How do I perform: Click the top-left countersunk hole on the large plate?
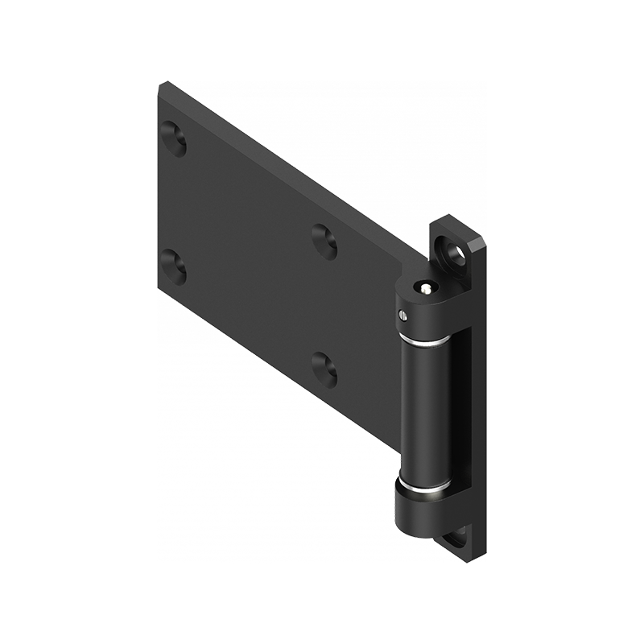(x=173, y=138)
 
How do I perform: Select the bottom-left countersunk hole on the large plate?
(x=173, y=266)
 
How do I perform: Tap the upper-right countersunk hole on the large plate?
(x=324, y=241)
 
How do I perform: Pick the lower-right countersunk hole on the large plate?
(x=324, y=369)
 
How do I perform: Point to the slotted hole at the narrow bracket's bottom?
(x=456, y=536)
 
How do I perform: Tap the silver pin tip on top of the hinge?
(x=424, y=287)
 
